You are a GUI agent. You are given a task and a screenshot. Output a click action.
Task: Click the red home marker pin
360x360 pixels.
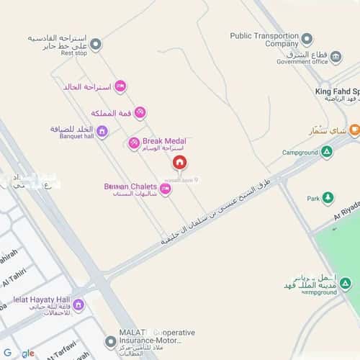(179, 162)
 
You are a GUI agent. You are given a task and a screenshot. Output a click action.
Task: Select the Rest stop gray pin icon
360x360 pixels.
(96, 44)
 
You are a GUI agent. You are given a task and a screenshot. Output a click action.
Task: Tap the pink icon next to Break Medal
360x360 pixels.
(134, 143)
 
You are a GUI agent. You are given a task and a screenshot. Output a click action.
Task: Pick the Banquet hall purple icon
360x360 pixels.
(102, 131)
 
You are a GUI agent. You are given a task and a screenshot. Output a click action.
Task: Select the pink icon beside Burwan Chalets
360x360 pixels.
(166, 189)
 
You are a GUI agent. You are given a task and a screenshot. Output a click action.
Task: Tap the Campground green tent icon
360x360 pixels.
(327, 151)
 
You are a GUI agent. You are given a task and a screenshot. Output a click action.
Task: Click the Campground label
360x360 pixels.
(300, 153)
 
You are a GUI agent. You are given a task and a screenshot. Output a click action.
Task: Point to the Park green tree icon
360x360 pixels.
(328, 197)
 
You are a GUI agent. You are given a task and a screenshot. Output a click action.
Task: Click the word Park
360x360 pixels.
(312, 198)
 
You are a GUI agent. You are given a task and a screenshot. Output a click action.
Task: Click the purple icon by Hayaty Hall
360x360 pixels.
(78, 305)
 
